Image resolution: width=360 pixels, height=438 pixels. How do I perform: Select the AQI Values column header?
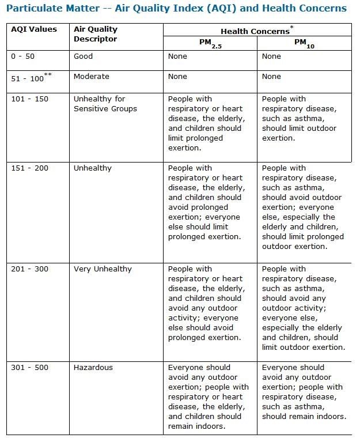coord(34,29)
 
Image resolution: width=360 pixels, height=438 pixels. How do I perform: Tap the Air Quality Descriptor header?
coord(95,34)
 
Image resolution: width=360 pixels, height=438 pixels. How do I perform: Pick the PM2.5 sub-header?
coord(210,43)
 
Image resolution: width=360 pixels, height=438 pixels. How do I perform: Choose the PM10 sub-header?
coord(303,43)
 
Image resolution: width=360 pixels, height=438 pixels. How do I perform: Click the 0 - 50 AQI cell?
coord(23,56)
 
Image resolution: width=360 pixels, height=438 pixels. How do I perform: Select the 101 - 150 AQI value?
coord(30,99)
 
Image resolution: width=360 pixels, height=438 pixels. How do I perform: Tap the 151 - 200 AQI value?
coord(30,168)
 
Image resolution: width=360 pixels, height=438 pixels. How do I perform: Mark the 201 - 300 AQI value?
coord(30,269)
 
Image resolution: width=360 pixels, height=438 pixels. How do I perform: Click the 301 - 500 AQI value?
coord(30,367)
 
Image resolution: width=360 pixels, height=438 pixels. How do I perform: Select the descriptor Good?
coord(83,56)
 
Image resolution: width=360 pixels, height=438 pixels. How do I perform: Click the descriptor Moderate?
coord(91,77)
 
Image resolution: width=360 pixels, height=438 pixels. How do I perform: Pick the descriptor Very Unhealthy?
coord(103,269)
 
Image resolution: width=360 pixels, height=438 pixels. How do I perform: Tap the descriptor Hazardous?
coord(93,367)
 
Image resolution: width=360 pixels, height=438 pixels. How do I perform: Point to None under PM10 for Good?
coord(271,56)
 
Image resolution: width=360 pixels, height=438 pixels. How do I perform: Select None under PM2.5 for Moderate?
coord(177,77)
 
